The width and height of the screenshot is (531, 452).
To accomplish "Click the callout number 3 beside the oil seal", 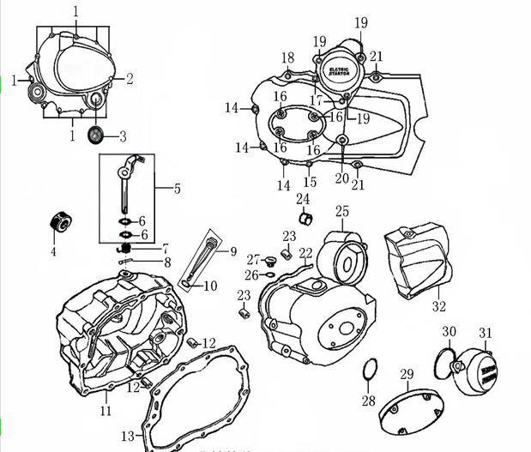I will click(x=123, y=136).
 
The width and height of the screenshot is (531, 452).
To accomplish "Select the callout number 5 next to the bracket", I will click(x=177, y=188).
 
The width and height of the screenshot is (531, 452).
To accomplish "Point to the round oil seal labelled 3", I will click(x=95, y=134).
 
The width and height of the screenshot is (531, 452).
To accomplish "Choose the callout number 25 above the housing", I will click(x=342, y=211).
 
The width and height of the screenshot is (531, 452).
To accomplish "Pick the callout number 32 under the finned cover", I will click(x=438, y=305).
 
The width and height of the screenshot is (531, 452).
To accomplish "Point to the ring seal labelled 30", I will click(x=444, y=358).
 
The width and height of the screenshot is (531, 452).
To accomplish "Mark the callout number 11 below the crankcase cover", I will click(x=106, y=411).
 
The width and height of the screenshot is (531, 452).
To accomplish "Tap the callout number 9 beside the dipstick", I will click(x=231, y=251).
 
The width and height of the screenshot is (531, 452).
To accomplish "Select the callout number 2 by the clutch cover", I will click(x=130, y=79).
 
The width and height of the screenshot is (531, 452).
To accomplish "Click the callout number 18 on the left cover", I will click(x=287, y=57).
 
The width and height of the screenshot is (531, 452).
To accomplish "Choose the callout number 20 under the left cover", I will click(x=342, y=178).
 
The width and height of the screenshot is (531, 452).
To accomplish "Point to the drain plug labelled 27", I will click(x=269, y=260).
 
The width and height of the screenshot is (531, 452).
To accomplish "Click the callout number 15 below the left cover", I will click(x=310, y=182).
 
